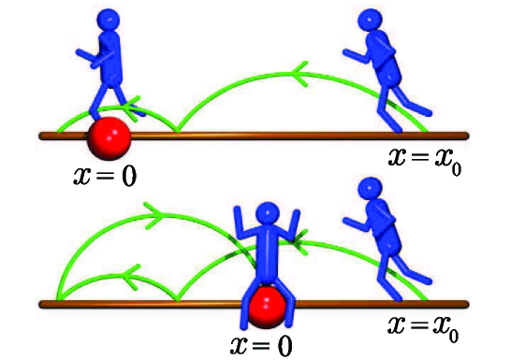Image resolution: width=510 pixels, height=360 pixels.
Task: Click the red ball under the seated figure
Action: click(x=269, y=308)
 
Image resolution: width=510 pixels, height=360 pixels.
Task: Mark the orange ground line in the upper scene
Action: click(x=281, y=137)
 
